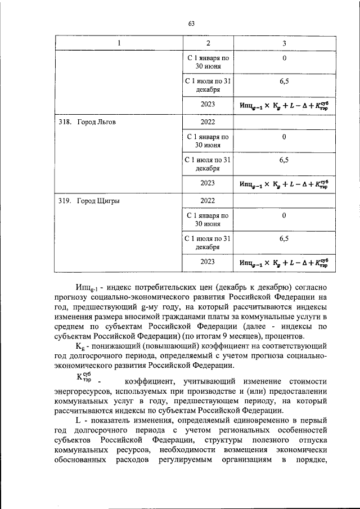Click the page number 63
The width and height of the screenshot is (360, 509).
click(x=191, y=23)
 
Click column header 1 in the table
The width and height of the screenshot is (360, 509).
click(x=119, y=43)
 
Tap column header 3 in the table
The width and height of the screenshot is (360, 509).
click(x=284, y=43)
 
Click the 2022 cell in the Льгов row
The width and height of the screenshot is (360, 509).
click(x=208, y=121)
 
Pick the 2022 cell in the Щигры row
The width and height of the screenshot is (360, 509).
click(x=208, y=200)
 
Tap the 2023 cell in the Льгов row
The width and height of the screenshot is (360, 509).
click(x=208, y=183)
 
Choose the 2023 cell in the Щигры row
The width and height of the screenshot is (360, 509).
click(x=208, y=262)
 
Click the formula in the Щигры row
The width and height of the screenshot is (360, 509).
click(x=284, y=262)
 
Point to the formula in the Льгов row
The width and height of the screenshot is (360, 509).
click(x=284, y=183)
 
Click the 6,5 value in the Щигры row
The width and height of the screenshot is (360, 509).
click(x=284, y=238)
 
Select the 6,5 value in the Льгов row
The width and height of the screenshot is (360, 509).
click(x=284, y=160)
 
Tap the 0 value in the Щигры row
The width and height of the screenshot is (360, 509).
click(x=284, y=215)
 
